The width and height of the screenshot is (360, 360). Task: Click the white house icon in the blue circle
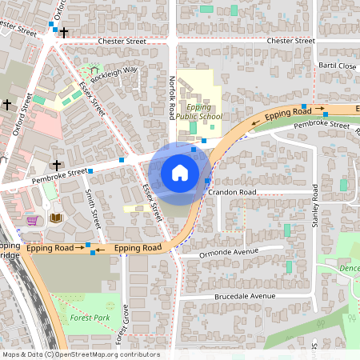[180, 173]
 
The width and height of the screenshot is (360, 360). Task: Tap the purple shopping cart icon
[32, 220]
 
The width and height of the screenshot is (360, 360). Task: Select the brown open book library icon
[56, 218]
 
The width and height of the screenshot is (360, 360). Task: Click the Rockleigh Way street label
[114, 75]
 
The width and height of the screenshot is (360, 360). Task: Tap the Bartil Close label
[336, 66]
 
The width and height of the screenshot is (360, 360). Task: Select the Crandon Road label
[230, 193]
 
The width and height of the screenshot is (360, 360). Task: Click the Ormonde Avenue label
[230, 253]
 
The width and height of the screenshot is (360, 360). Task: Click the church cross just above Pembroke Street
[57, 164]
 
